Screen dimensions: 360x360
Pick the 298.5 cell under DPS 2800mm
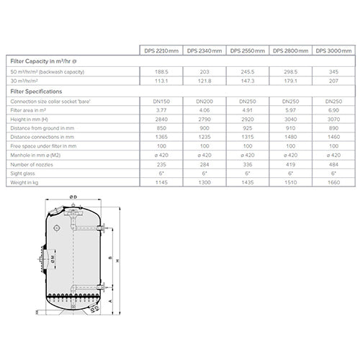(x=292, y=73)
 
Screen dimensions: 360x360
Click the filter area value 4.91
(x=248, y=111)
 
